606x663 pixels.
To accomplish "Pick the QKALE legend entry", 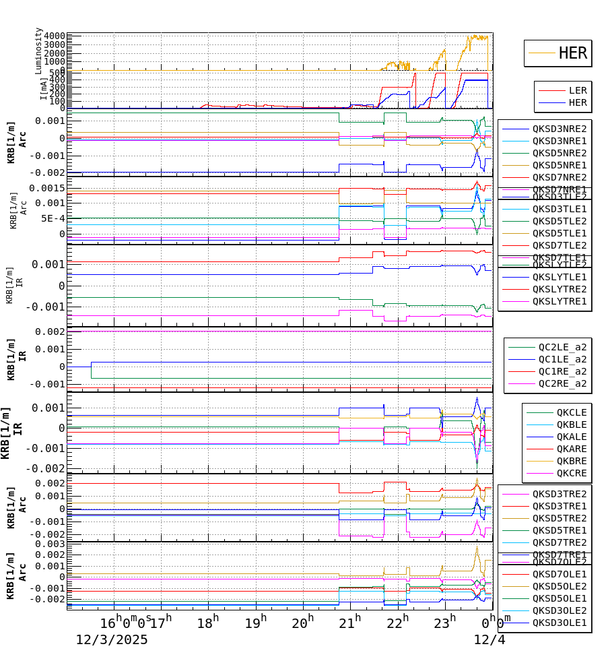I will pyautogui.click(x=571, y=437).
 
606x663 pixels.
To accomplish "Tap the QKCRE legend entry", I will pyautogui.click(x=571, y=473).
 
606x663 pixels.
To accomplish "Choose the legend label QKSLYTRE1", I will pyautogui.click(x=559, y=301).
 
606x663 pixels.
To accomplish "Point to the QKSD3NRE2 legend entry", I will pyautogui.click(x=559, y=129).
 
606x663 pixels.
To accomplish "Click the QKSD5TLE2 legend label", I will pyautogui.click(x=559, y=221).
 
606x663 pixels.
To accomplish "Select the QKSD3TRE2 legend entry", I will pyautogui.click(x=559, y=494).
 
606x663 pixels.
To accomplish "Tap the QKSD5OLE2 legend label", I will pyautogui.click(x=559, y=586).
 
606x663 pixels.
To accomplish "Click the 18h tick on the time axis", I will pyautogui.click(x=208, y=623).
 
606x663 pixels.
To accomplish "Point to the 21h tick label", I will pyautogui.click(x=349, y=623).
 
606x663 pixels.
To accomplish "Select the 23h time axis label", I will pyautogui.click(x=444, y=623).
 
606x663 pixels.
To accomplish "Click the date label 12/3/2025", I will pyautogui.click(x=112, y=639).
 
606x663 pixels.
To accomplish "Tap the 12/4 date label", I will pyautogui.click(x=490, y=639).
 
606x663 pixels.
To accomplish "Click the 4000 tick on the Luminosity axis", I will pyautogui.click(x=55, y=36).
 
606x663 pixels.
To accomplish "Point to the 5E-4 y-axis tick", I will pyautogui.click(x=53, y=218).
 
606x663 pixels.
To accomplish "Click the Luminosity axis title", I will pyautogui.click(x=38, y=51).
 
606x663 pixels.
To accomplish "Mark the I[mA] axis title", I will pyautogui.click(x=43, y=88).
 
